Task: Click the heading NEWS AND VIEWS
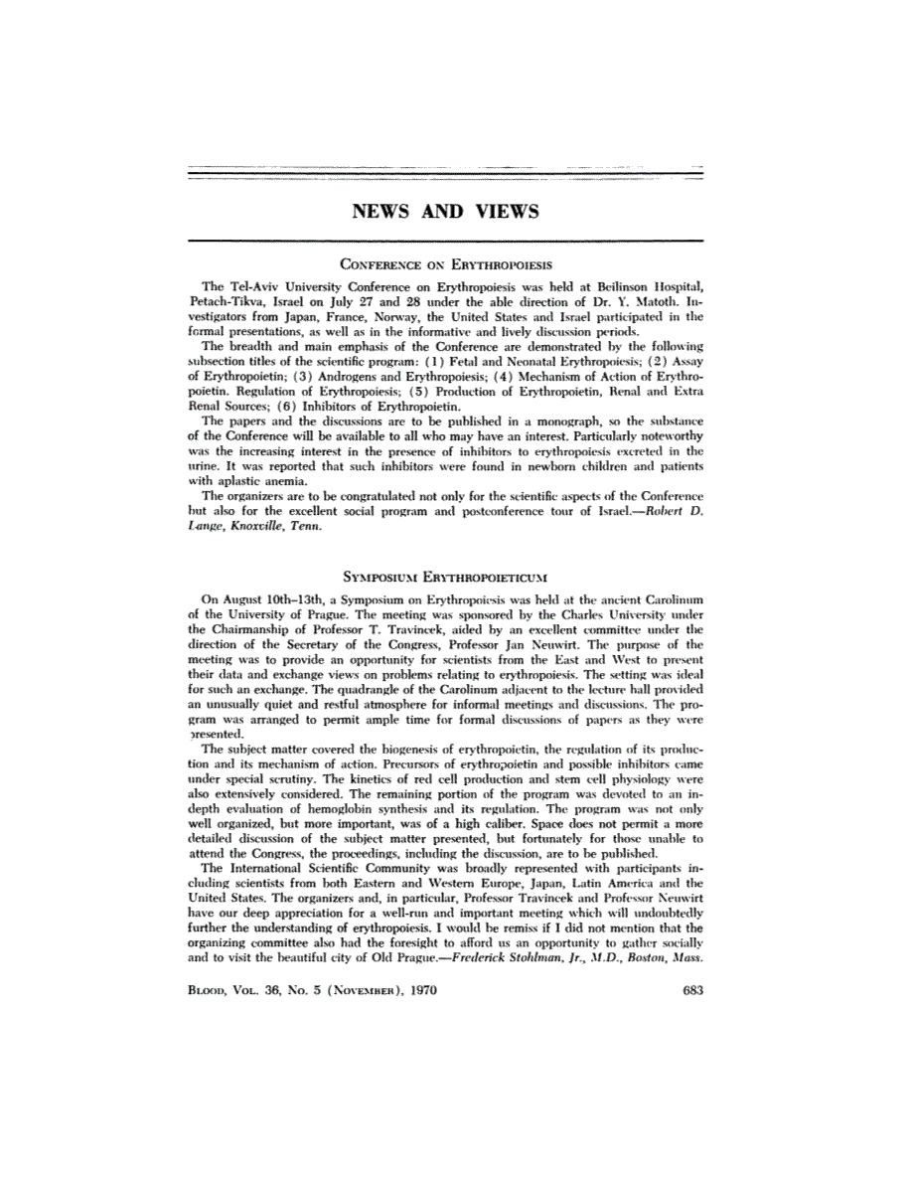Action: [446, 211]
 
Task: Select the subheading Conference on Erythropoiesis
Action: [446, 265]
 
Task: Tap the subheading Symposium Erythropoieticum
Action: [446, 576]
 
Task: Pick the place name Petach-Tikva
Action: [227, 301]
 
